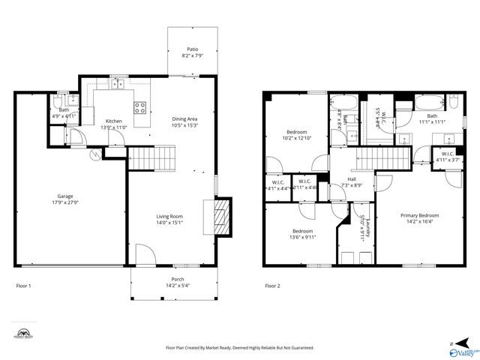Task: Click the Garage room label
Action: [65, 196]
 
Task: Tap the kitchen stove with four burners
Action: [140, 107]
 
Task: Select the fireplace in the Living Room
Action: [220, 214]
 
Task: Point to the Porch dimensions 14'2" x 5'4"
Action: [178, 285]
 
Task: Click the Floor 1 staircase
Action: [152, 158]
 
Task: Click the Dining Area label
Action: [184, 118]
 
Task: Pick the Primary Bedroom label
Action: [419, 215]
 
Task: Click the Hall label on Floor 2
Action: [351, 179]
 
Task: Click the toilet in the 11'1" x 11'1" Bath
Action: [454, 103]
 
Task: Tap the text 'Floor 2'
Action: [272, 286]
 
